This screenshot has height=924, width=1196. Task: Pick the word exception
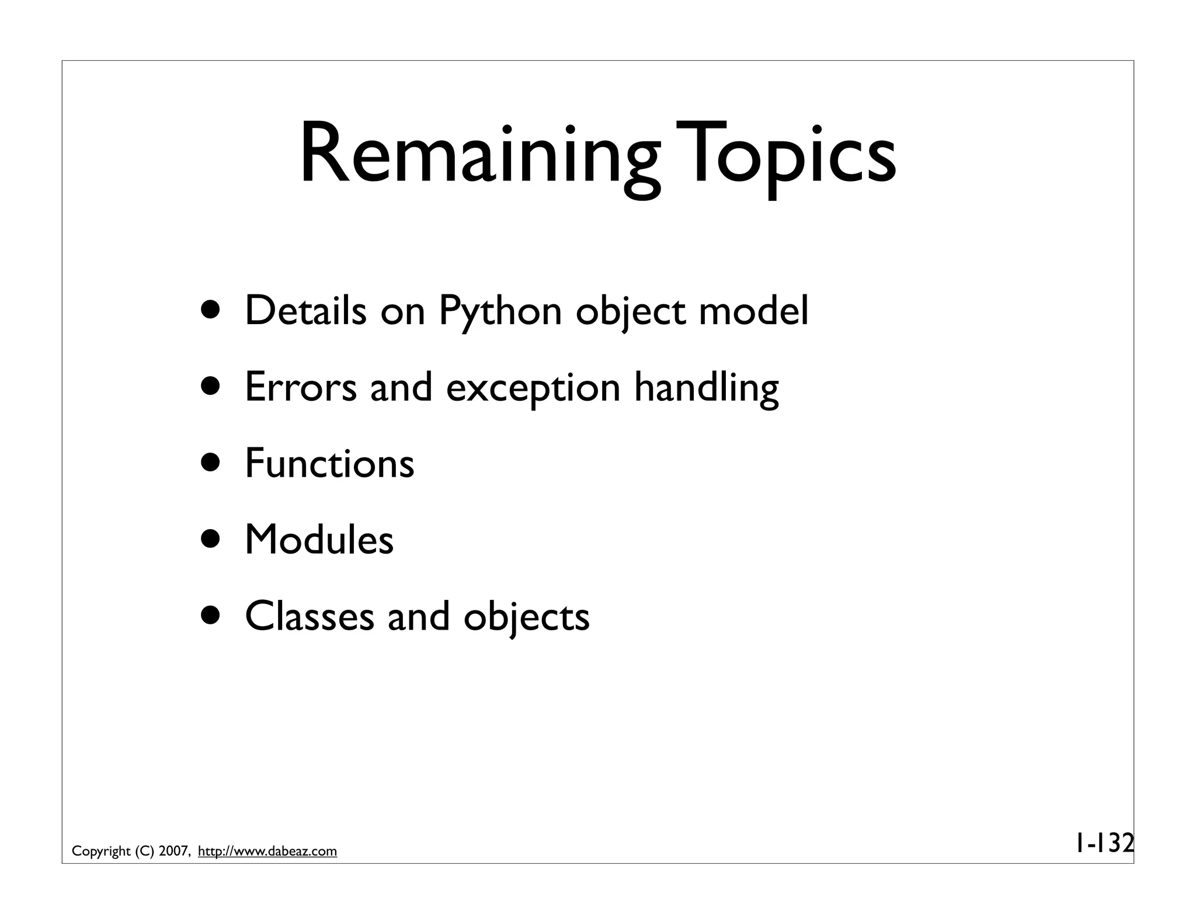click(533, 388)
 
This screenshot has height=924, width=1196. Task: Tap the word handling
click(706, 388)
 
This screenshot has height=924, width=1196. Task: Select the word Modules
click(319, 540)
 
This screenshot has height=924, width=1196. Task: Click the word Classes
click(309, 616)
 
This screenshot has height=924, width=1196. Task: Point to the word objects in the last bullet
click(526, 617)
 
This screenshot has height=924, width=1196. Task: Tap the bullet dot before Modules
click(211, 540)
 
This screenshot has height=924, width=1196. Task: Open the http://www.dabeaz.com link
click(267, 852)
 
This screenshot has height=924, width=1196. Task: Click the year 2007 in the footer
click(173, 852)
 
